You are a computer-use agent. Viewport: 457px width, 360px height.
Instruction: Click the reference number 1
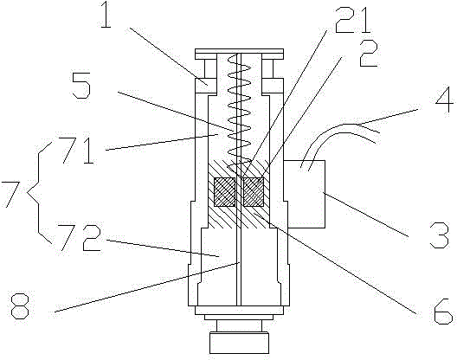[106, 15]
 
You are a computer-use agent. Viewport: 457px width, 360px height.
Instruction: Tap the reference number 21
[352, 22]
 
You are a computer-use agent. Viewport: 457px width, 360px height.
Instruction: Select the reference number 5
[81, 86]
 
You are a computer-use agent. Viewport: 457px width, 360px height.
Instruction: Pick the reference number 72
[80, 238]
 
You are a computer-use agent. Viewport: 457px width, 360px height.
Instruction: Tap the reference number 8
[21, 306]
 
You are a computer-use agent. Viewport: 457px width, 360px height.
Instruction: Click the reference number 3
[440, 235]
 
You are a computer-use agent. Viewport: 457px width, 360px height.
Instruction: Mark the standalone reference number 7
[10, 195]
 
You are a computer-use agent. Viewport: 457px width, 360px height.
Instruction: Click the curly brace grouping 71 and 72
[39, 192]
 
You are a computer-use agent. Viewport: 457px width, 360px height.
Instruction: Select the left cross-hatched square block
[224, 192]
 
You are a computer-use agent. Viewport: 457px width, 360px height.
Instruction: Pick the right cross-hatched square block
[254, 192]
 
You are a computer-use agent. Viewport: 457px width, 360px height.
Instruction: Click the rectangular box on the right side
[306, 194]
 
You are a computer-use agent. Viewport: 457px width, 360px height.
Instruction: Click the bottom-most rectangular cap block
[239, 343]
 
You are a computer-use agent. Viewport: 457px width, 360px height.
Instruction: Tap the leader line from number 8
[147, 287]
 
